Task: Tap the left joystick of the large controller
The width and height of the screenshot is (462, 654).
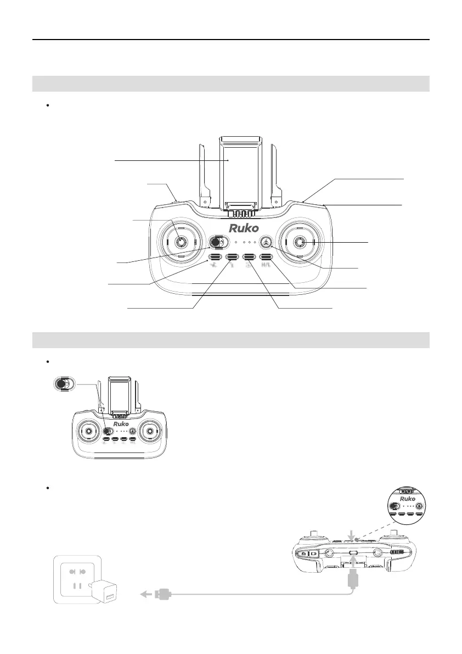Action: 180,242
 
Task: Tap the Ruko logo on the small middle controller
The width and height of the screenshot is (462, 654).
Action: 121,424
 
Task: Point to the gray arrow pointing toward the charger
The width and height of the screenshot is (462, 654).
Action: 145,593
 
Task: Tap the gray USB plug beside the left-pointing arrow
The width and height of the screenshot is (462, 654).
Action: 163,593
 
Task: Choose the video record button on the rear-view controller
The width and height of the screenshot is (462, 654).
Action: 314,554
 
